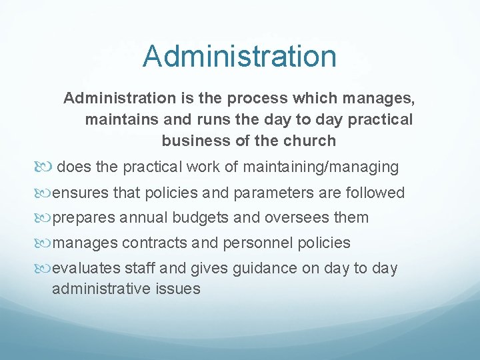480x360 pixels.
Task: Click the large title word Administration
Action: [239, 56]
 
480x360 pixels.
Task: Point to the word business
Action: [191, 141]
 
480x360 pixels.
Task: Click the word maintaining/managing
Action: [322, 167]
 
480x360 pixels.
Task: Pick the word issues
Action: [179, 289]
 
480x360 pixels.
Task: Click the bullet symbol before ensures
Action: [44, 193]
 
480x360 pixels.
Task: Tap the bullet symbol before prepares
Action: [44, 218]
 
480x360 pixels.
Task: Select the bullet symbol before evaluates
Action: [44, 269]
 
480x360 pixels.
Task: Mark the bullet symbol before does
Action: [44, 167]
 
